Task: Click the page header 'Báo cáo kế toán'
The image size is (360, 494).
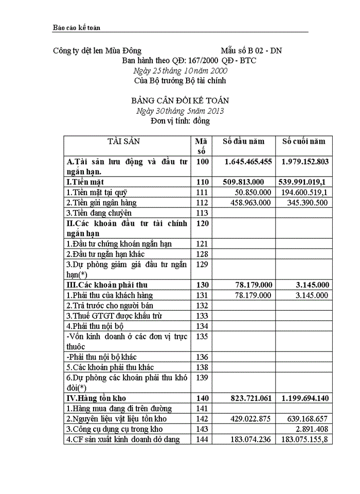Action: (x=75, y=27)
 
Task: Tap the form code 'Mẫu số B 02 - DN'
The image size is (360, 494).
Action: (x=251, y=50)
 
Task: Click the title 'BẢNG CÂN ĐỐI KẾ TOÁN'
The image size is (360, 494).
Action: (x=180, y=101)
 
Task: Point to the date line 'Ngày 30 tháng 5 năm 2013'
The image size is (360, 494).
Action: (x=179, y=111)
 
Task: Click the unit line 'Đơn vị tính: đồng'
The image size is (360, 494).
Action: (x=180, y=121)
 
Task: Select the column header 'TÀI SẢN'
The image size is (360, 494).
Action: (x=123, y=142)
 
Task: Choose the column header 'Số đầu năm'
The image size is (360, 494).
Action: (x=243, y=142)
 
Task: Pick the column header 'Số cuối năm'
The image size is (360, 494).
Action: (x=303, y=142)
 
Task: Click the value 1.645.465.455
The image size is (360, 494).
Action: (x=248, y=162)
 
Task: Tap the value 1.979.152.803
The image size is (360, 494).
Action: (x=305, y=162)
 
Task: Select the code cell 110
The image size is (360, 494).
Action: (x=203, y=182)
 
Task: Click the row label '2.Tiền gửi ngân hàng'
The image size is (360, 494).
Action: (x=101, y=202)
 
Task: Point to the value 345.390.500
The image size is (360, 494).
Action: (x=305, y=202)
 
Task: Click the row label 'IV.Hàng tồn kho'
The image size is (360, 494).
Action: (x=97, y=398)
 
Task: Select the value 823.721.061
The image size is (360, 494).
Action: (x=248, y=398)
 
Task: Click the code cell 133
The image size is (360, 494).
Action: (x=203, y=315)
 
